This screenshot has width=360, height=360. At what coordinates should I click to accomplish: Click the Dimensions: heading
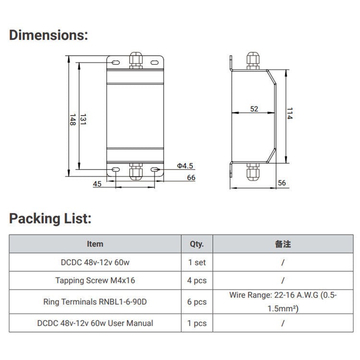[x=48, y=35]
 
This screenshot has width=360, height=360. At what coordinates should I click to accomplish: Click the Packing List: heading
[x=50, y=218]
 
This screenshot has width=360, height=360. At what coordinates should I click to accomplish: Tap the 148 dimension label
[x=72, y=120]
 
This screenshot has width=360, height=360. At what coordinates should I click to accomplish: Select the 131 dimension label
[x=83, y=120]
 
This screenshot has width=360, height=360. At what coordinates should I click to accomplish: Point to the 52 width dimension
[x=254, y=109]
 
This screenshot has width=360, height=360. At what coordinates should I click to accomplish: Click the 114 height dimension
[x=289, y=114]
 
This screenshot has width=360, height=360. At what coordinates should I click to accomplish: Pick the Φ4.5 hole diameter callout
[x=185, y=166]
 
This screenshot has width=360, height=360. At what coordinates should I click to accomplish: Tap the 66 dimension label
[x=191, y=178]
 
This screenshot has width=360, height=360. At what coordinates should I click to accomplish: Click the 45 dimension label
[x=97, y=183]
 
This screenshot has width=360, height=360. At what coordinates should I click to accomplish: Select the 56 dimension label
[x=282, y=183]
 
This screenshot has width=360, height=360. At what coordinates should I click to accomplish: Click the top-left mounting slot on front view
[x=116, y=62]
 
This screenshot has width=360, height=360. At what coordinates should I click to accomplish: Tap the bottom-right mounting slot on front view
[x=154, y=170]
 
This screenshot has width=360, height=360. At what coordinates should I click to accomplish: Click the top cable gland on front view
[x=135, y=60]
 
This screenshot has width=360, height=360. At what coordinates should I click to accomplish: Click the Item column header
[x=95, y=244]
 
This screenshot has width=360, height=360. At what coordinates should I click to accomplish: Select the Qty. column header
[x=197, y=244]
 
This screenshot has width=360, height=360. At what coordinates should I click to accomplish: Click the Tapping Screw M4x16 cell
[x=95, y=280]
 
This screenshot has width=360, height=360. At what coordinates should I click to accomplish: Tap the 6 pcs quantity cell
[x=197, y=302]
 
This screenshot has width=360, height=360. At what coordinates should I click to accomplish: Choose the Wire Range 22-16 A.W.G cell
[x=283, y=302]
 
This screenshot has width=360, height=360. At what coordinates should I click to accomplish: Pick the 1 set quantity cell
[x=197, y=263]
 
